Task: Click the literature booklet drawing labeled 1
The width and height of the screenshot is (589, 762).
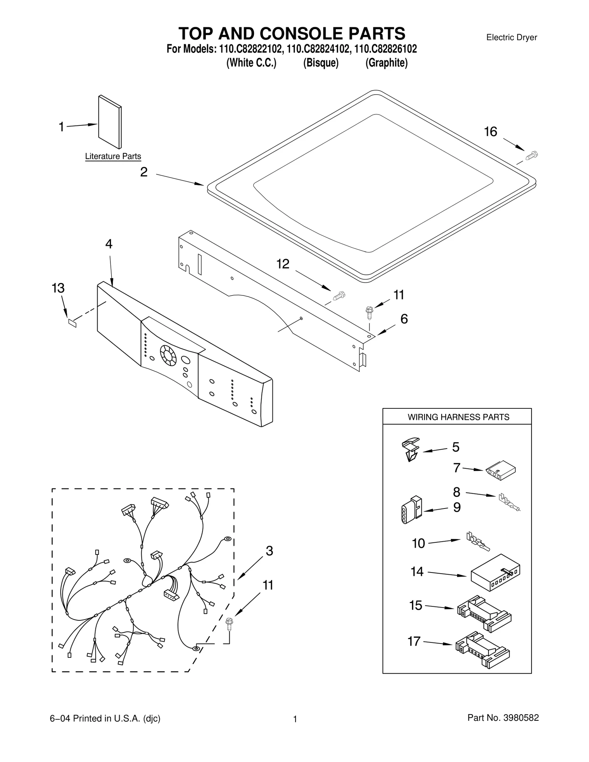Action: (110, 122)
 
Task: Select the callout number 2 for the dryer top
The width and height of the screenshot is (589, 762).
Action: (144, 172)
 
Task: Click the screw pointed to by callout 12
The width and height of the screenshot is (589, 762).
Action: (339, 295)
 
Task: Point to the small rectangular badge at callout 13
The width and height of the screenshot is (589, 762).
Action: (73, 323)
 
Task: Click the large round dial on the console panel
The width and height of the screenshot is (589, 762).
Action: (168, 355)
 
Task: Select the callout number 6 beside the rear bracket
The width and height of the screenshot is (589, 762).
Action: (404, 319)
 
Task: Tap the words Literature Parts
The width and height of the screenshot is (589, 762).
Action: (113, 156)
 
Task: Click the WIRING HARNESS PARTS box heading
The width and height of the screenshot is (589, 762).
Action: (458, 417)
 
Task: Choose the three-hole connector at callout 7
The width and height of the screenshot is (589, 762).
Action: (501, 471)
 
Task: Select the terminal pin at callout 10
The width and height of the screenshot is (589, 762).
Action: (478, 542)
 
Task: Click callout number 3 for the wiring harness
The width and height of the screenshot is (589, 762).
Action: (269, 551)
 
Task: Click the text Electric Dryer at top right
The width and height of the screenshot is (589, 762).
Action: (511, 37)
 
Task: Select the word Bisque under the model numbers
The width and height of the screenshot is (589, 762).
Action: (321, 63)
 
